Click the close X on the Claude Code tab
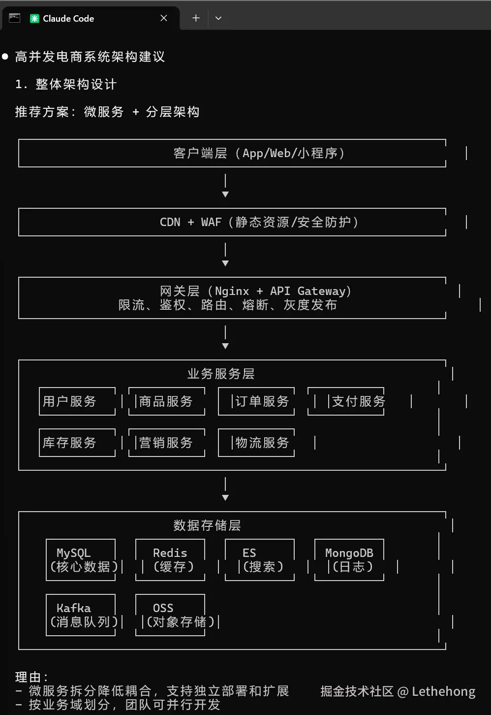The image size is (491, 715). click(164, 18)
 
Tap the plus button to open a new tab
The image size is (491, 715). click(196, 18)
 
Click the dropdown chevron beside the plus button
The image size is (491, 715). click(218, 18)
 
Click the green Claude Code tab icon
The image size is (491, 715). click(34, 19)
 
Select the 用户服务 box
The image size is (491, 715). click(77, 401)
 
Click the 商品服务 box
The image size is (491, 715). click(166, 401)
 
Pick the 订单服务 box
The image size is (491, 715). click(256, 401)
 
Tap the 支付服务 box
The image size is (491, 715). click(346, 401)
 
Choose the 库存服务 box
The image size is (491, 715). click(77, 443)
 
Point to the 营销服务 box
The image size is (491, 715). click(166, 443)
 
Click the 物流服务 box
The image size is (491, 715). click(256, 443)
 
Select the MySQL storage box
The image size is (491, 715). click(81, 560)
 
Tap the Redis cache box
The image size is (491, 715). click(170, 560)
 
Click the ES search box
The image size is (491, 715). click(260, 560)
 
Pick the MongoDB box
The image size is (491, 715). click(349, 560)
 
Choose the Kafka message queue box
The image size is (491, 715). click(81, 615)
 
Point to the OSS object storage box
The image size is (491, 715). click(170, 615)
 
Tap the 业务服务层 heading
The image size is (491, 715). click(221, 374)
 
